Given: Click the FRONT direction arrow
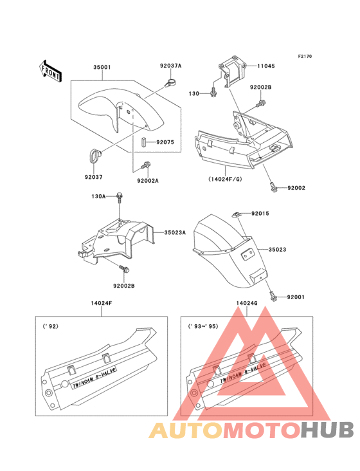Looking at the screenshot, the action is coord(50,71).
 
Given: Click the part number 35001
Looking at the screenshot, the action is coord(102,67).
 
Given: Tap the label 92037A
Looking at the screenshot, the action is coord(171,66).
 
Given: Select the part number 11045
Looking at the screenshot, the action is coord(265,66).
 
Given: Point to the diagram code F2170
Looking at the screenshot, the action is coord(305,56).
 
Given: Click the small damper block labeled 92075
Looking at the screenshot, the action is coord(144,142).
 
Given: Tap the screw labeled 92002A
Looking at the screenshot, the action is coord(146,165).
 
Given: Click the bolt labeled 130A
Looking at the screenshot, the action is coord(120,197).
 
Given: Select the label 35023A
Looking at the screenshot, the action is coord(175,232).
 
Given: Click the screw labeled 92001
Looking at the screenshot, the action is coord(273,297).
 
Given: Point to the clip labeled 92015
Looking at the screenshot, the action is coord(237,214).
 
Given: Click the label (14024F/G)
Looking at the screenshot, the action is coord(225,179).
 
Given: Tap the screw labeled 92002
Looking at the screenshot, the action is coord(273,187).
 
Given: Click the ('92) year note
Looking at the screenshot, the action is coord(51,326).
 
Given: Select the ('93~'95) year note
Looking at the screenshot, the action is coord(203,326).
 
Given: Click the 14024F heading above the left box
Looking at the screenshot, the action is coord(102,303).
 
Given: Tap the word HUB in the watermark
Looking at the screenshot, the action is coord(328,430).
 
